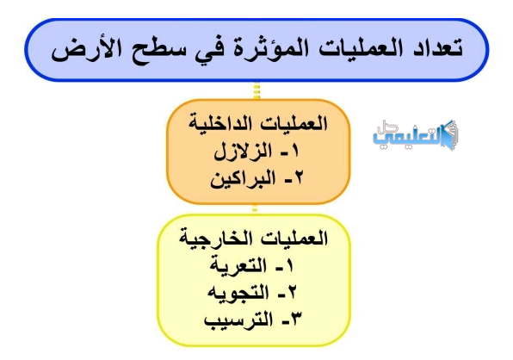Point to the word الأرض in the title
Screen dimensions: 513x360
pos(86,49)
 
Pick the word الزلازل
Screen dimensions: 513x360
pos(243,152)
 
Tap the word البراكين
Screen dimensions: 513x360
pos(243,179)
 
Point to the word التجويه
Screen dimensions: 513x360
pos(238,292)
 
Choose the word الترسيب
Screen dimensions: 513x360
pos(238,320)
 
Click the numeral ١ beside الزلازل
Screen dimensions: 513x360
pos(294,152)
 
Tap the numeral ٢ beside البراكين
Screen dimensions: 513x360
pos(298,178)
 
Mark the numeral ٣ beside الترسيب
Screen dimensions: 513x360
pos(296,319)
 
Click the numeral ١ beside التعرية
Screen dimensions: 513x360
pos(289,266)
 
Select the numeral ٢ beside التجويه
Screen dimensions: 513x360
pos(292,292)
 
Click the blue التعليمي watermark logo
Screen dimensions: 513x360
pos(416,136)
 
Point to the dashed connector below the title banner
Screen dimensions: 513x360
pos(256,90)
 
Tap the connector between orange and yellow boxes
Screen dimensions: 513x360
pos(255,208)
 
